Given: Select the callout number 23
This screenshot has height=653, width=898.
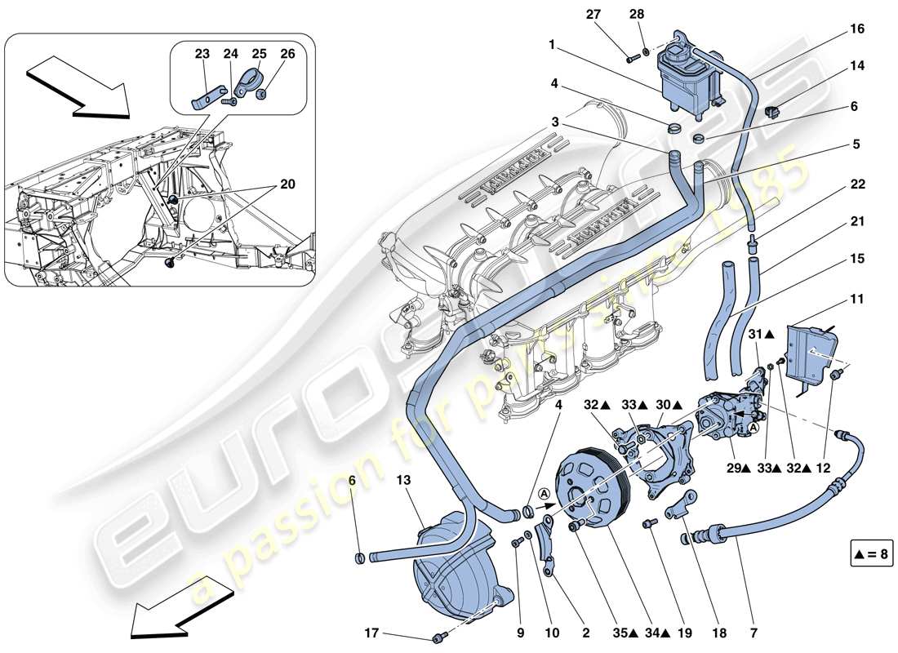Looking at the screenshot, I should pyautogui.click(x=202, y=55).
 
